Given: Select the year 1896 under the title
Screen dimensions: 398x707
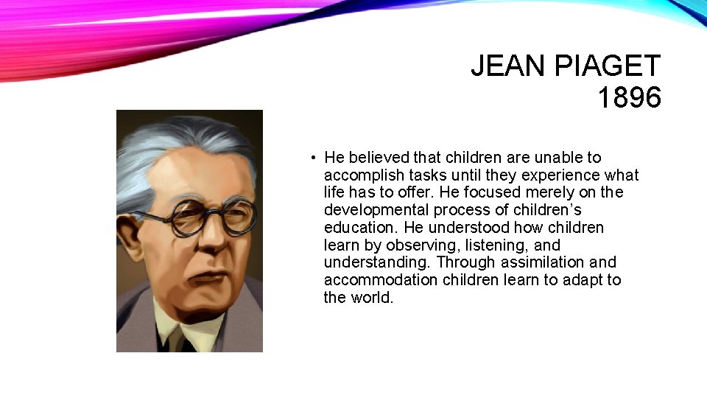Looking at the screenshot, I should pos(629,98).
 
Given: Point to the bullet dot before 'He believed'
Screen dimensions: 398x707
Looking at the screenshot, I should pos(313,158).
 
